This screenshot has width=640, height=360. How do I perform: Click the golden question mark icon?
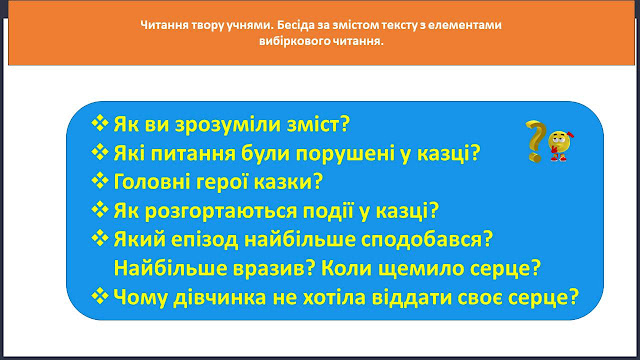(536, 141)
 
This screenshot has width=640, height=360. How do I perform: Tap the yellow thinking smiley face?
(560, 146)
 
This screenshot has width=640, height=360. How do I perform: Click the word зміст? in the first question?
(318, 124)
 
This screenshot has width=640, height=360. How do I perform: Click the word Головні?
(152, 182)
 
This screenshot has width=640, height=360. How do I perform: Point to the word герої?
(222, 182)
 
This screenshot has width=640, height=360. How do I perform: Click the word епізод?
(204, 240)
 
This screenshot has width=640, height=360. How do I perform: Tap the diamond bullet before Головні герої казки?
(100, 180)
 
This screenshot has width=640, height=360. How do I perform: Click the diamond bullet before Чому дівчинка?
(100, 296)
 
